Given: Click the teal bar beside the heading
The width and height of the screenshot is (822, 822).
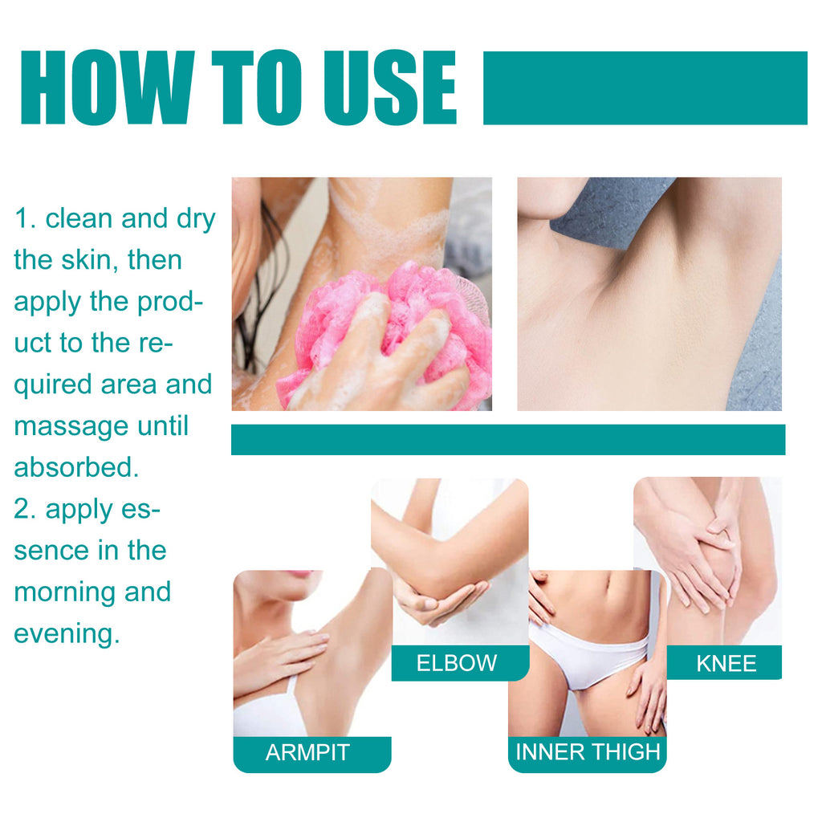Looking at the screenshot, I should pyautogui.click(x=645, y=88).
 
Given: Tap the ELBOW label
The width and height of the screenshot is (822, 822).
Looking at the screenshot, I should pyautogui.click(x=457, y=663).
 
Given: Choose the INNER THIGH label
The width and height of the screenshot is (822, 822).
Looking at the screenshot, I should pyautogui.click(x=588, y=752).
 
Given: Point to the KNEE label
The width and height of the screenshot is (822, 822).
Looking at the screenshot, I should pyautogui.click(x=726, y=663).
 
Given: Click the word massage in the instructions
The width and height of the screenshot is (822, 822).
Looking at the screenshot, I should pyautogui.click(x=70, y=426).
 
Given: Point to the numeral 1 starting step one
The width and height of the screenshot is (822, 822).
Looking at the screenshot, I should pyautogui.click(x=22, y=218).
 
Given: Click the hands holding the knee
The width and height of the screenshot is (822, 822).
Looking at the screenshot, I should pyautogui.click(x=698, y=554).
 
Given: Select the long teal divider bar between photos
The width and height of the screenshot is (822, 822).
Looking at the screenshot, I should pyautogui.click(x=507, y=440).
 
